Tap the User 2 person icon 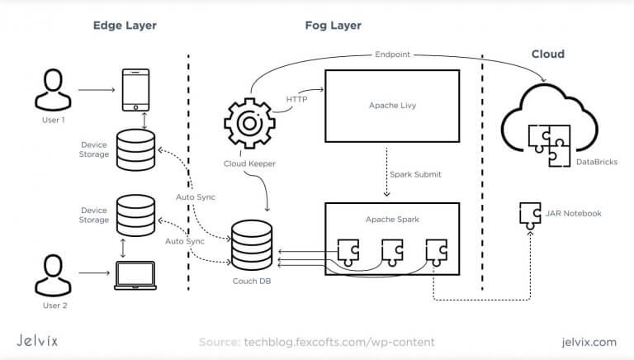coord(51,275)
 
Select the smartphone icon coord(136,89)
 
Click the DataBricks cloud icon coord(546,124)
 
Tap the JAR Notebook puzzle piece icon coord(530,214)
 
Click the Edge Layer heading coord(125,26)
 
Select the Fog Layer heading coord(334,26)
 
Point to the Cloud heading coord(547,54)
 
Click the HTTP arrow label coord(297,100)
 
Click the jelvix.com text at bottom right coord(587,341)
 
